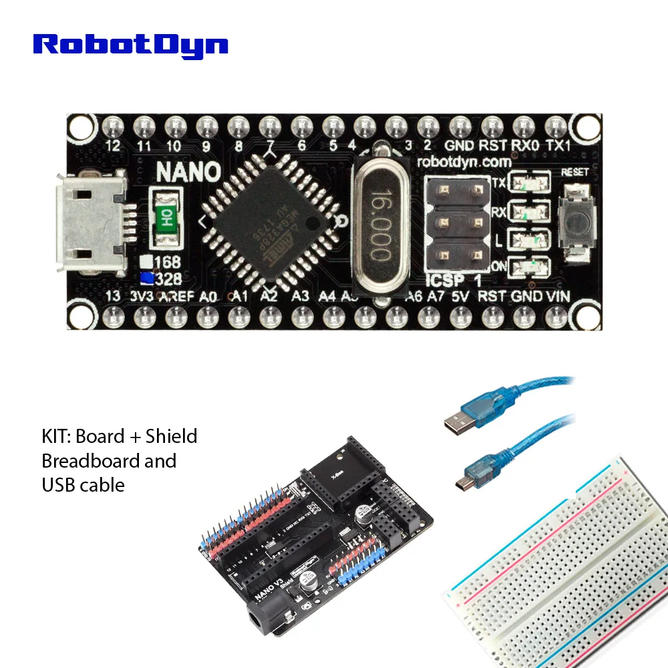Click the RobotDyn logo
point(131,45)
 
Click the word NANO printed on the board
point(188,171)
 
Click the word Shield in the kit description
point(172,436)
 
